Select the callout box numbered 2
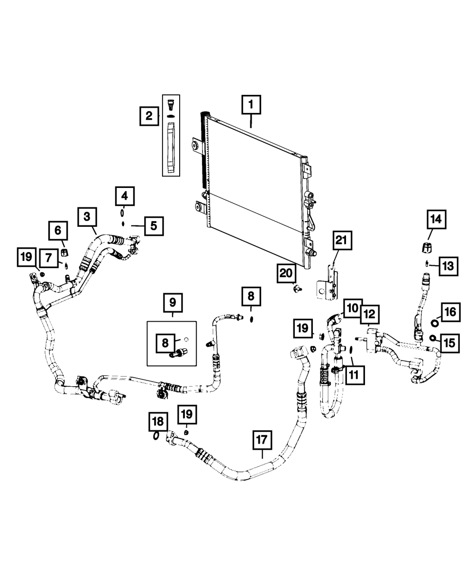pos(149,116)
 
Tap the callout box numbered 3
pos(87,217)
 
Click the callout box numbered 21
pos(342,241)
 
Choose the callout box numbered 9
pos(172,301)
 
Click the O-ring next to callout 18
pos(156,436)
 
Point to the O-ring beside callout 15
pos(433,338)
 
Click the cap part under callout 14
pos(426,247)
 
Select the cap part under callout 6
pos(64,251)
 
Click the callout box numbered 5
pos(154,226)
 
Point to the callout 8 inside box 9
pos(165,342)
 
